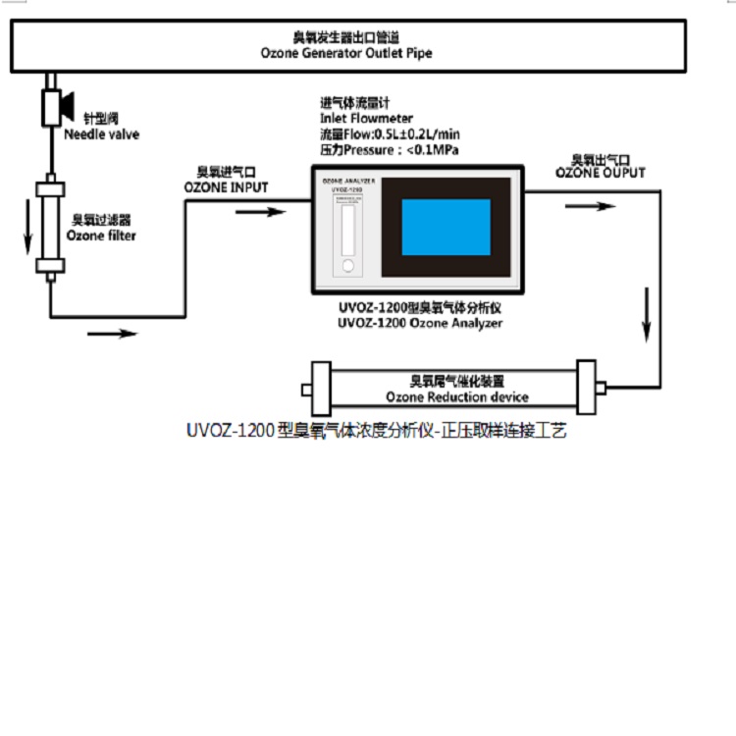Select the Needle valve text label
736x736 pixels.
point(101,134)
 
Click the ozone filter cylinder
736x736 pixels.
point(50,227)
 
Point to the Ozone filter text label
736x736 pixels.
point(101,236)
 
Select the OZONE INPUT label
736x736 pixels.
point(226,186)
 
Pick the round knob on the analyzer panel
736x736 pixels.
point(347,266)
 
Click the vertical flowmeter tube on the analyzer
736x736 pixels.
point(347,228)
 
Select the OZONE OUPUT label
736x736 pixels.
point(601,173)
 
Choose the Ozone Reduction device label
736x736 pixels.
point(456,397)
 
